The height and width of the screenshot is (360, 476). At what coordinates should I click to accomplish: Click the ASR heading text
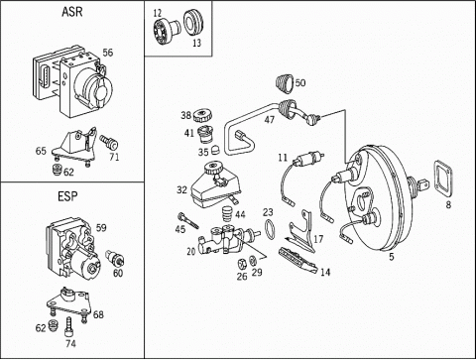coord(71,12)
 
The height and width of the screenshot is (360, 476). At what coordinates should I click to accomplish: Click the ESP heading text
coord(67,196)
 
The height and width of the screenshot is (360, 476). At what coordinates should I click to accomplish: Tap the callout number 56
coord(107,53)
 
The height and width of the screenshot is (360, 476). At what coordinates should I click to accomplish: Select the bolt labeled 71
coord(109,142)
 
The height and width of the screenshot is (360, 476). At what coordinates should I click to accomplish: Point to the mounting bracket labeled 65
coord(74,146)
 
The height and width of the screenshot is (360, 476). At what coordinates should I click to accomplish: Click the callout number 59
coord(101,228)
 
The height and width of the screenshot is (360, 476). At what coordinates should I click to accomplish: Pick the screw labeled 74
coord(69,326)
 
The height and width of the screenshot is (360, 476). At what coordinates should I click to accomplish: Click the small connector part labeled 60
coord(115,259)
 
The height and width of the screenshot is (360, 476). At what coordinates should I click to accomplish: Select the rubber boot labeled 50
coord(284,83)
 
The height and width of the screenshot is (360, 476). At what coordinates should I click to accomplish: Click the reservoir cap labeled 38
coord(202,116)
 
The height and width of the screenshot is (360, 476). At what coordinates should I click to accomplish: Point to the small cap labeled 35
coord(215,150)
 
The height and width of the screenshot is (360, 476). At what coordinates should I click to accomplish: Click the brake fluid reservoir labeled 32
coord(216,185)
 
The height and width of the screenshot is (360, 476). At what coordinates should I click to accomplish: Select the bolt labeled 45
coord(187,220)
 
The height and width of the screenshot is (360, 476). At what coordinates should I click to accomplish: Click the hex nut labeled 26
coord(242,264)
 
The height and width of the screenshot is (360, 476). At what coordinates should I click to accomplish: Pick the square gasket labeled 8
coord(443,179)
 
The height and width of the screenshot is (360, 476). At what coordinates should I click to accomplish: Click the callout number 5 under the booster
coord(392,257)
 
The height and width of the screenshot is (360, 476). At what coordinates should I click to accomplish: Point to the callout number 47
coord(270,119)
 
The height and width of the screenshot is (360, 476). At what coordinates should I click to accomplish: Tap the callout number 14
coord(325,272)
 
